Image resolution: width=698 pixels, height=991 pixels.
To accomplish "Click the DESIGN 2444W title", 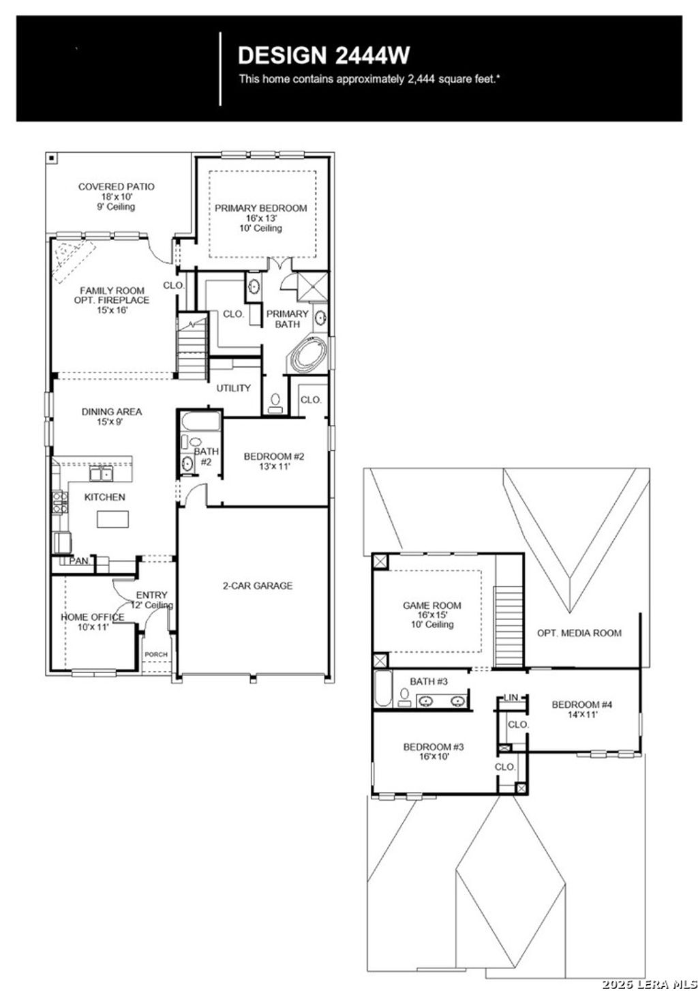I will tap(324, 55).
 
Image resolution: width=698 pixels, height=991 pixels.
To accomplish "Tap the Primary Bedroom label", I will tap(260, 218).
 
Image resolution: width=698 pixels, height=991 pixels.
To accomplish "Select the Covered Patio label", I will tap(116, 196).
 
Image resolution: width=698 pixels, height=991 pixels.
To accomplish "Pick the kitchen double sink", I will tap(102, 474).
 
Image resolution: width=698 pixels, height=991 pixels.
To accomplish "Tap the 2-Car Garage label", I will tap(258, 585).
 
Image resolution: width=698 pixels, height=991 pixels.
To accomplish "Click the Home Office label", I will tap(93, 622).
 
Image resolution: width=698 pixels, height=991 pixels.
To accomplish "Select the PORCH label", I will tap(156, 655).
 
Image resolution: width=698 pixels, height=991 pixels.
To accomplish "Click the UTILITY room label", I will tap(233, 388).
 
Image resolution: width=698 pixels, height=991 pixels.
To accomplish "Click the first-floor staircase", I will tap(192, 348).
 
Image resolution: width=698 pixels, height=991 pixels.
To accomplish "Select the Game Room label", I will tap(431, 614).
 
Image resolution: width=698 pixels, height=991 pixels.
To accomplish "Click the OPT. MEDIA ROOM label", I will tap(579, 633).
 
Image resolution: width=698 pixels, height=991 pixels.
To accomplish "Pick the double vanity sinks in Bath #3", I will tap(442, 700).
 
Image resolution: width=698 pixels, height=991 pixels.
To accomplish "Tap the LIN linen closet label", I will tap(511, 697).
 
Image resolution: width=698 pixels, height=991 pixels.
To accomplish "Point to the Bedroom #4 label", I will tap(581, 709).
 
